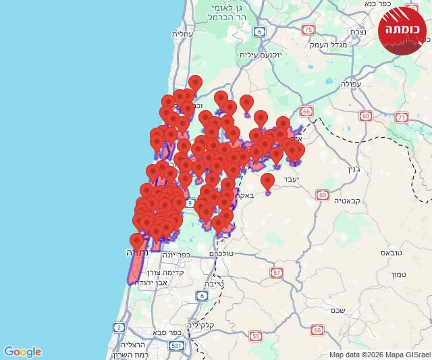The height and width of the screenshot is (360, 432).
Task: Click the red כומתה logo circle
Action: click(x=402, y=30)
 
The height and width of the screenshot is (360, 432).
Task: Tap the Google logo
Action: click(x=22, y=352)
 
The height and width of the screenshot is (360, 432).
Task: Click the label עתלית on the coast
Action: click(x=182, y=34)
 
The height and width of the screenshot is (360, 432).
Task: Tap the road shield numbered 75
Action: click(x=308, y=29)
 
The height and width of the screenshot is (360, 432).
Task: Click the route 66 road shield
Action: click(x=306, y=111)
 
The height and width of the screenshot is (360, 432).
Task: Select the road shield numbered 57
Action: click(x=277, y=272)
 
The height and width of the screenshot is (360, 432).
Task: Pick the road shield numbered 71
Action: click(x=402, y=117)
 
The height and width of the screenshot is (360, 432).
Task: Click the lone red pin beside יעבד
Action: click(x=267, y=182)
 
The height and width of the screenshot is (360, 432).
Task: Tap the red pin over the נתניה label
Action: click(x=137, y=241)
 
